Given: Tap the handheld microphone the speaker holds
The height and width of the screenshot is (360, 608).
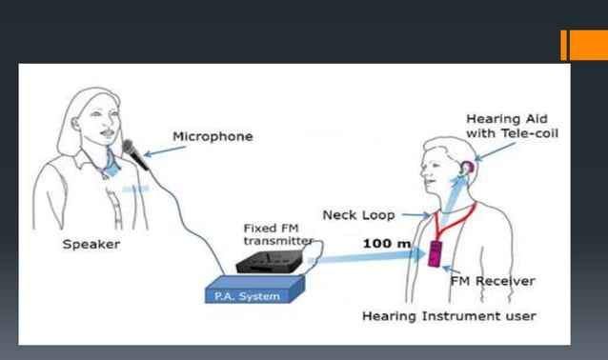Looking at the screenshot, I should (x=133, y=155).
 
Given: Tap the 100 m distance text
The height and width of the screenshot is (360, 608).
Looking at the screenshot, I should (x=387, y=244).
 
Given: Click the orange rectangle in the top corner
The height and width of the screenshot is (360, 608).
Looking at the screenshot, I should (x=583, y=45).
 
